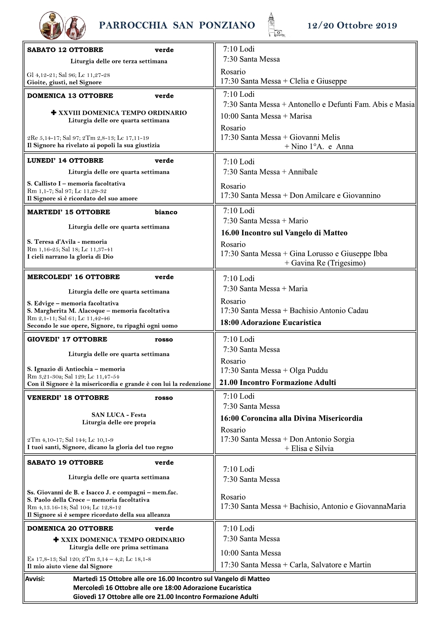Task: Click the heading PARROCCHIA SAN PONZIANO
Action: (x=177, y=25)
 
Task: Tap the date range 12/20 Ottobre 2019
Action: (x=352, y=26)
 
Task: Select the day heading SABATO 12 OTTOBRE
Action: (x=65, y=50)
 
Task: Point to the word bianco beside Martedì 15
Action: (x=166, y=212)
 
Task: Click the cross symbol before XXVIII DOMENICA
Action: (x=53, y=113)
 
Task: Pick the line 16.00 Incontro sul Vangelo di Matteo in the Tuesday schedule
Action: (x=284, y=233)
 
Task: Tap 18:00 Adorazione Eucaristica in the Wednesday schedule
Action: (x=271, y=322)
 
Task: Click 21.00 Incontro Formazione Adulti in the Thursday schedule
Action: (x=277, y=383)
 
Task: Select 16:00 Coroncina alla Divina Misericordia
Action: (x=291, y=418)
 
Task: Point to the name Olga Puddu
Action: (x=309, y=370)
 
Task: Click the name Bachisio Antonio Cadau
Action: (x=329, y=311)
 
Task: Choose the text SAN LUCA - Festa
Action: (x=119, y=415)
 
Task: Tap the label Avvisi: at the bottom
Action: (x=35, y=579)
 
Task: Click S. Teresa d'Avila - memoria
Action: (x=67, y=242)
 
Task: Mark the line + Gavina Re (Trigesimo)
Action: (x=325, y=263)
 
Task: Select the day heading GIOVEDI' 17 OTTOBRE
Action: (x=67, y=339)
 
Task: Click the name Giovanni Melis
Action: (x=314, y=137)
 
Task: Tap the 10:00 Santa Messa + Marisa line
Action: (x=266, y=116)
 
